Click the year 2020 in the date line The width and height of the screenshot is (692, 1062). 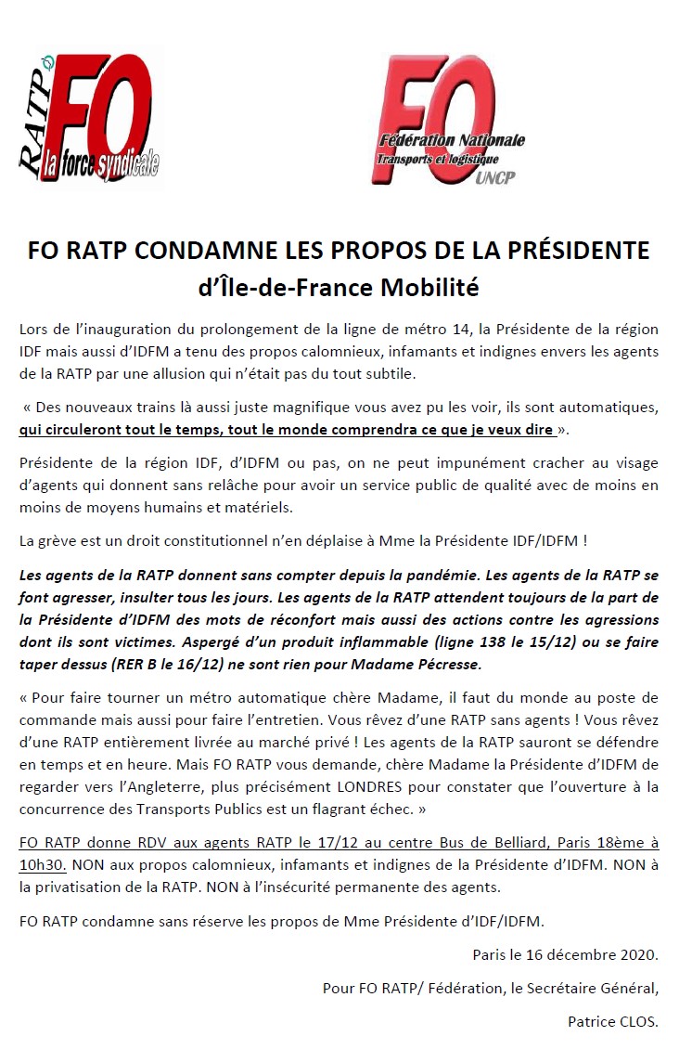tap(636, 953)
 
